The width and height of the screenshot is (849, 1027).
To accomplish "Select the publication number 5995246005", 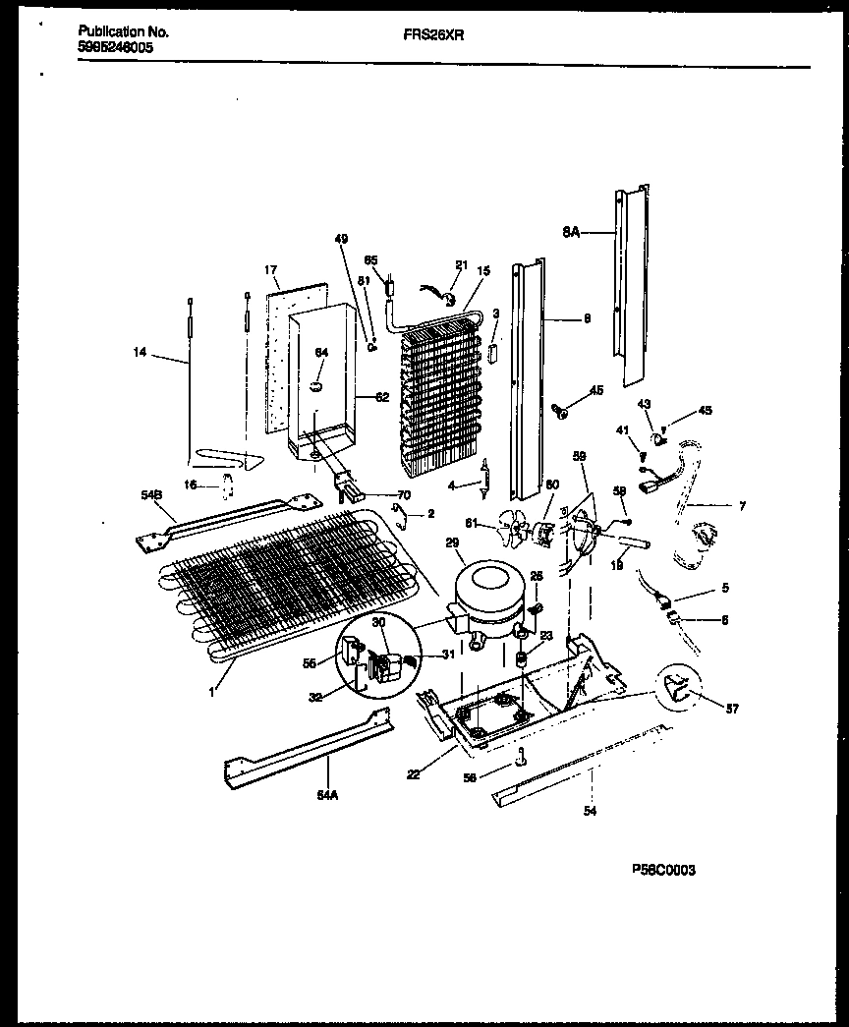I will pyautogui.click(x=116, y=46).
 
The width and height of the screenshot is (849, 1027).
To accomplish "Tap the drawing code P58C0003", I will pyautogui.click(x=663, y=870).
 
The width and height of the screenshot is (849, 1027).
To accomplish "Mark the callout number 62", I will pyautogui.click(x=381, y=398).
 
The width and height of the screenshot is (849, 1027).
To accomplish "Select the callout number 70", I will pyautogui.click(x=404, y=494).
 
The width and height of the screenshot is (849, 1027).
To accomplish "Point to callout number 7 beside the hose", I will pyautogui.click(x=741, y=507).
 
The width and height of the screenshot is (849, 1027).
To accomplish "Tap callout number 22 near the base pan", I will pyautogui.click(x=414, y=774).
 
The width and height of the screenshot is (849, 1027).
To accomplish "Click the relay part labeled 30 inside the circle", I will pyautogui.click(x=383, y=666).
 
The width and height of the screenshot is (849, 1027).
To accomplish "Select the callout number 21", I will pyautogui.click(x=461, y=265).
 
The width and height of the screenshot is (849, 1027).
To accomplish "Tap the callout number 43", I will pyautogui.click(x=645, y=404).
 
